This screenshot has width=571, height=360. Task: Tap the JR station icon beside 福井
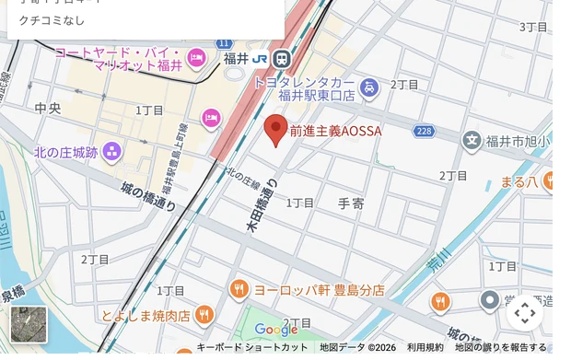click(281, 58)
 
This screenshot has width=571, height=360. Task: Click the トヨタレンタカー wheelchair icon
click(368, 88)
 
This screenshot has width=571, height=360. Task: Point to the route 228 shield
click(424, 132)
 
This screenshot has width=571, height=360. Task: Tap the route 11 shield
click(224, 43)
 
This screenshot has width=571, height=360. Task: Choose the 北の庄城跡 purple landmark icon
click(112, 151)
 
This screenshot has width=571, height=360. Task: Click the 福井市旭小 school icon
click(472, 141)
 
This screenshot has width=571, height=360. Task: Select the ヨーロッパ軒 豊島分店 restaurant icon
click(239, 289)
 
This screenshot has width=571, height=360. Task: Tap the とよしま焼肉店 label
click(146, 316)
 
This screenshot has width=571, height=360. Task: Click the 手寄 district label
click(352, 204)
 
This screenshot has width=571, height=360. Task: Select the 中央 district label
click(47, 109)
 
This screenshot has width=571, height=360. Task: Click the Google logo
click(276, 330)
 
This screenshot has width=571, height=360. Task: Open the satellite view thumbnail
click(28, 324)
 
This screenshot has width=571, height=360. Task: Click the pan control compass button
click(525, 313)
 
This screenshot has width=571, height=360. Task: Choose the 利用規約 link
click(425, 348)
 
